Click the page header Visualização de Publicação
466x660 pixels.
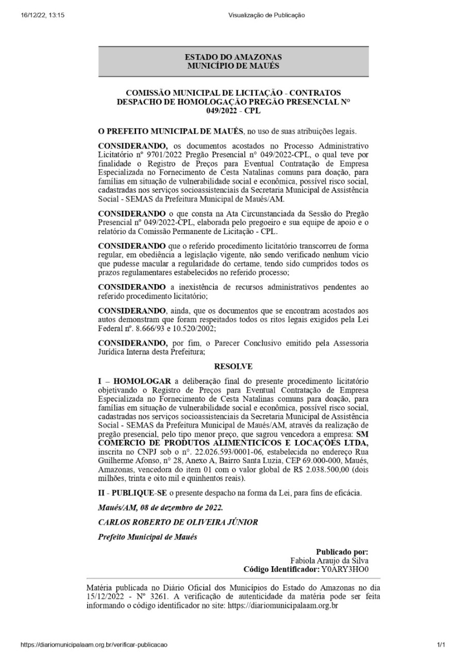[267, 15]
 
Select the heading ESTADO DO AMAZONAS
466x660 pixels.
[233, 58]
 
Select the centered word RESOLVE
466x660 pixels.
[233, 367]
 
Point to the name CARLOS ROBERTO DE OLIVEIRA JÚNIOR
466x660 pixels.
[178, 522]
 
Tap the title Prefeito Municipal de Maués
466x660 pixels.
[147, 536]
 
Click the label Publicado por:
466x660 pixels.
[342, 552]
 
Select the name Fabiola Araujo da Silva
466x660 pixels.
[329, 560]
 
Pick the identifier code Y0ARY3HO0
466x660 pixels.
[344, 569]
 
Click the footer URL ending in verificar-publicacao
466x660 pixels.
[94, 645]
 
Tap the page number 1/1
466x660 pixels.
[440, 645]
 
